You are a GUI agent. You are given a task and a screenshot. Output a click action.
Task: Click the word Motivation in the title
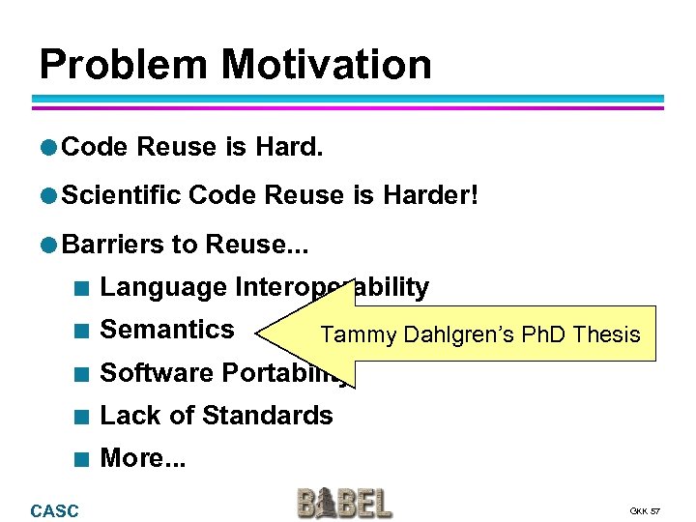(326, 65)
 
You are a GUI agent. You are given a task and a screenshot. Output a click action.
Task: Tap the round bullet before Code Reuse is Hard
(48, 147)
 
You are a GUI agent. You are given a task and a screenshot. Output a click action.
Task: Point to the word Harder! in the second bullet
(429, 195)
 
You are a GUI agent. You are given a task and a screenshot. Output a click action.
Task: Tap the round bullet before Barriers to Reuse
(48, 245)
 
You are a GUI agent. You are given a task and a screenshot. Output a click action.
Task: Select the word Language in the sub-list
(162, 287)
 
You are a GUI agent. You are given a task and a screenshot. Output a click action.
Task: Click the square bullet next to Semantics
(85, 331)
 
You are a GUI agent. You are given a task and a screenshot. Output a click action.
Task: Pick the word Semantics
(167, 330)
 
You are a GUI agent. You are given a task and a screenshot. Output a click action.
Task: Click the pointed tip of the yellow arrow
(260, 333)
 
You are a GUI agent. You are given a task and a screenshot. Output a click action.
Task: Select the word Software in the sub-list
(158, 373)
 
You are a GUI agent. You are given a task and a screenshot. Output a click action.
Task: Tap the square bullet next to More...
(85, 459)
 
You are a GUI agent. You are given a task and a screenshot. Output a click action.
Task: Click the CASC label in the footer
(55, 510)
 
